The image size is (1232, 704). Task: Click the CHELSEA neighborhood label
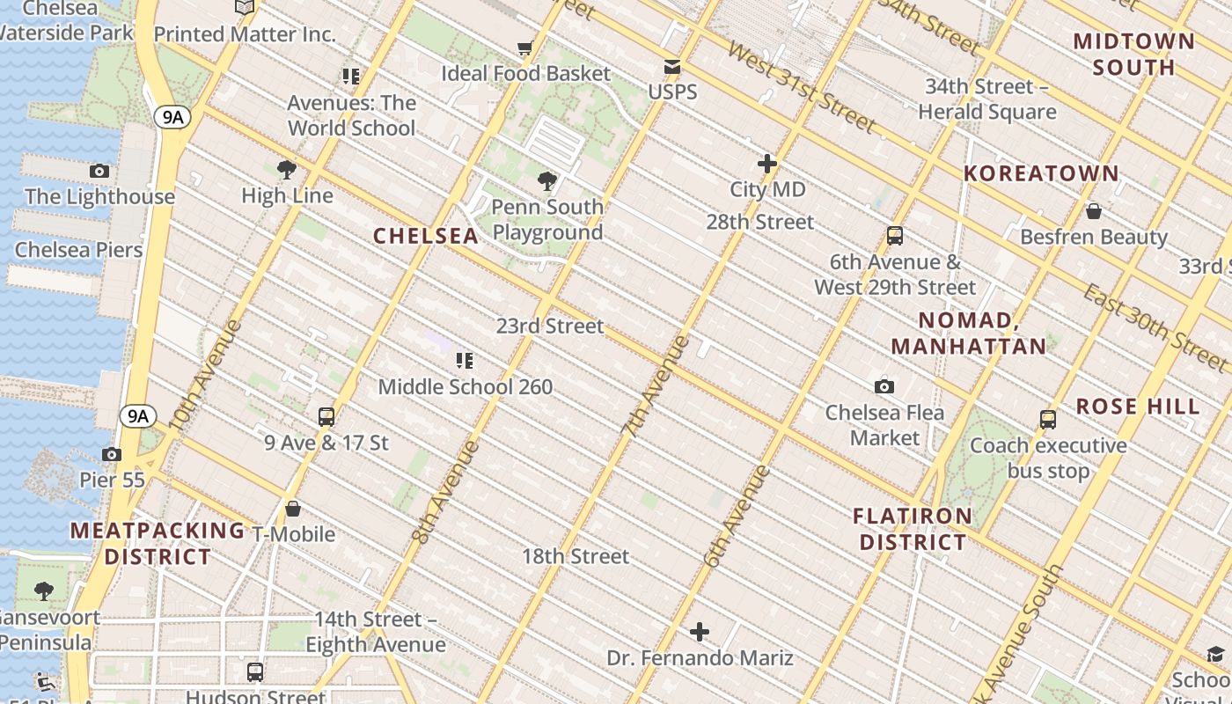[426, 236]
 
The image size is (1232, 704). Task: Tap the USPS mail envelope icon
[672, 67]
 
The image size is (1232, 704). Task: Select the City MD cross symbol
[767, 164]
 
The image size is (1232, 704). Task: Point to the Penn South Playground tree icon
[547, 182]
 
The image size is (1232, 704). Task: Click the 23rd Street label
[550, 326]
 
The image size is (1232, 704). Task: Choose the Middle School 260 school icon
[465, 360]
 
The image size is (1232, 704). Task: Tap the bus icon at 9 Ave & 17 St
[326, 416]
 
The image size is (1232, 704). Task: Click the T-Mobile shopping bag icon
[293, 509]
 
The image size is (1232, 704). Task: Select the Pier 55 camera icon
[111, 454]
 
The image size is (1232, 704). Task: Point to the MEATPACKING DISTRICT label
[158, 543]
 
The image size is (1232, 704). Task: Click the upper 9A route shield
[172, 117]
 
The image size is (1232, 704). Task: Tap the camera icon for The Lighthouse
[99, 171]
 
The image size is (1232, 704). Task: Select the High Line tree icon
[286, 170]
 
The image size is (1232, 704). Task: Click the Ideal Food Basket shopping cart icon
[525, 48]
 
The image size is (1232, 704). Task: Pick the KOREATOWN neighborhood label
[1040, 173]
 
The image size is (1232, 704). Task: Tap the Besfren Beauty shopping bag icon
[1094, 211]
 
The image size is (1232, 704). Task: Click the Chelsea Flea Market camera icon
[884, 386]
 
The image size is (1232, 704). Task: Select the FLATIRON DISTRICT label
[913, 529]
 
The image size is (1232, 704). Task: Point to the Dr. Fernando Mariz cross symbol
[700, 632]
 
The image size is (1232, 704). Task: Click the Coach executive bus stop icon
[1048, 419]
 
